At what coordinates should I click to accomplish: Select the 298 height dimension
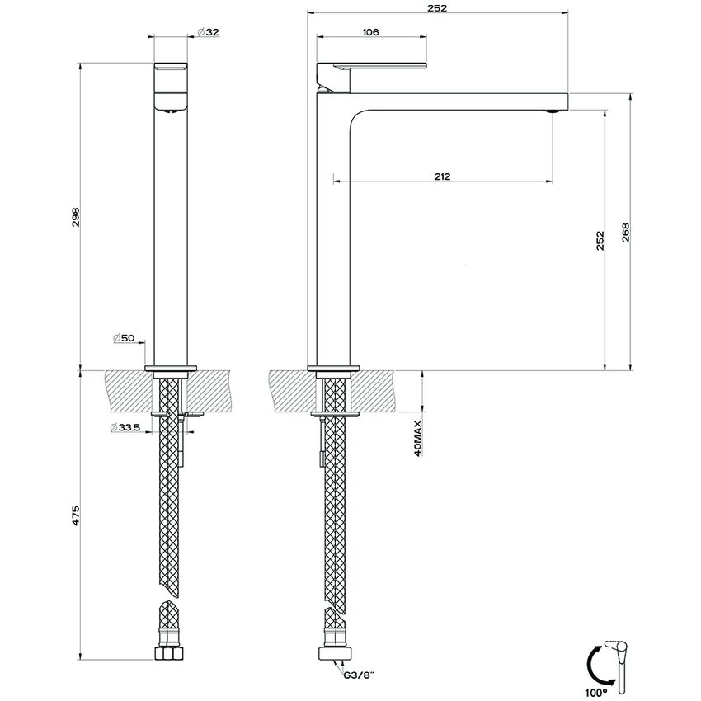point(76,217)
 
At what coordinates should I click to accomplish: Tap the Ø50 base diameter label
point(129,339)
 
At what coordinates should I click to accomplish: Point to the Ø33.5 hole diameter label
point(126,427)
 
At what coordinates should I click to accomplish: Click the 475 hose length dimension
point(76,517)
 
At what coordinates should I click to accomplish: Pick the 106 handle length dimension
point(370,31)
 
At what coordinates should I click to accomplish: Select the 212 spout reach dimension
point(442,176)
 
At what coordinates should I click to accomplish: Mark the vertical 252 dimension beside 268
point(600,239)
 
